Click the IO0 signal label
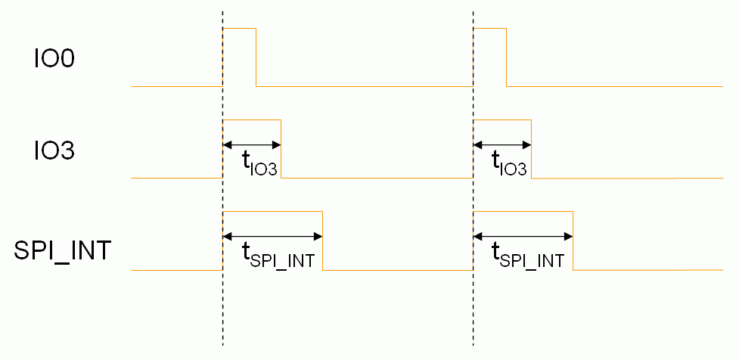click(x=54, y=59)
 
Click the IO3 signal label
click(x=54, y=151)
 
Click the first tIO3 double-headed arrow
click(x=252, y=144)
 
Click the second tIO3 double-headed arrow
click(x=502, y=144)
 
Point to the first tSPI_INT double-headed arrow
click(x=273, y=237)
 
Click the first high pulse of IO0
click(x=240, y=29)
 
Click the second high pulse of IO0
click(x=490, y=29)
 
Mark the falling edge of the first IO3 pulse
click(x=281, y=149)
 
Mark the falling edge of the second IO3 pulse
click(x=532, y=149)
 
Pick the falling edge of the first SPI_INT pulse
click(x=323, y=241)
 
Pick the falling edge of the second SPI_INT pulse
click(x=573, y=241)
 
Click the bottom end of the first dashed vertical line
click(x=223, y=344)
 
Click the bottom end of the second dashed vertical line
click(x=474, y=344)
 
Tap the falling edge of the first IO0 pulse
click(x=256, y=57)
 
